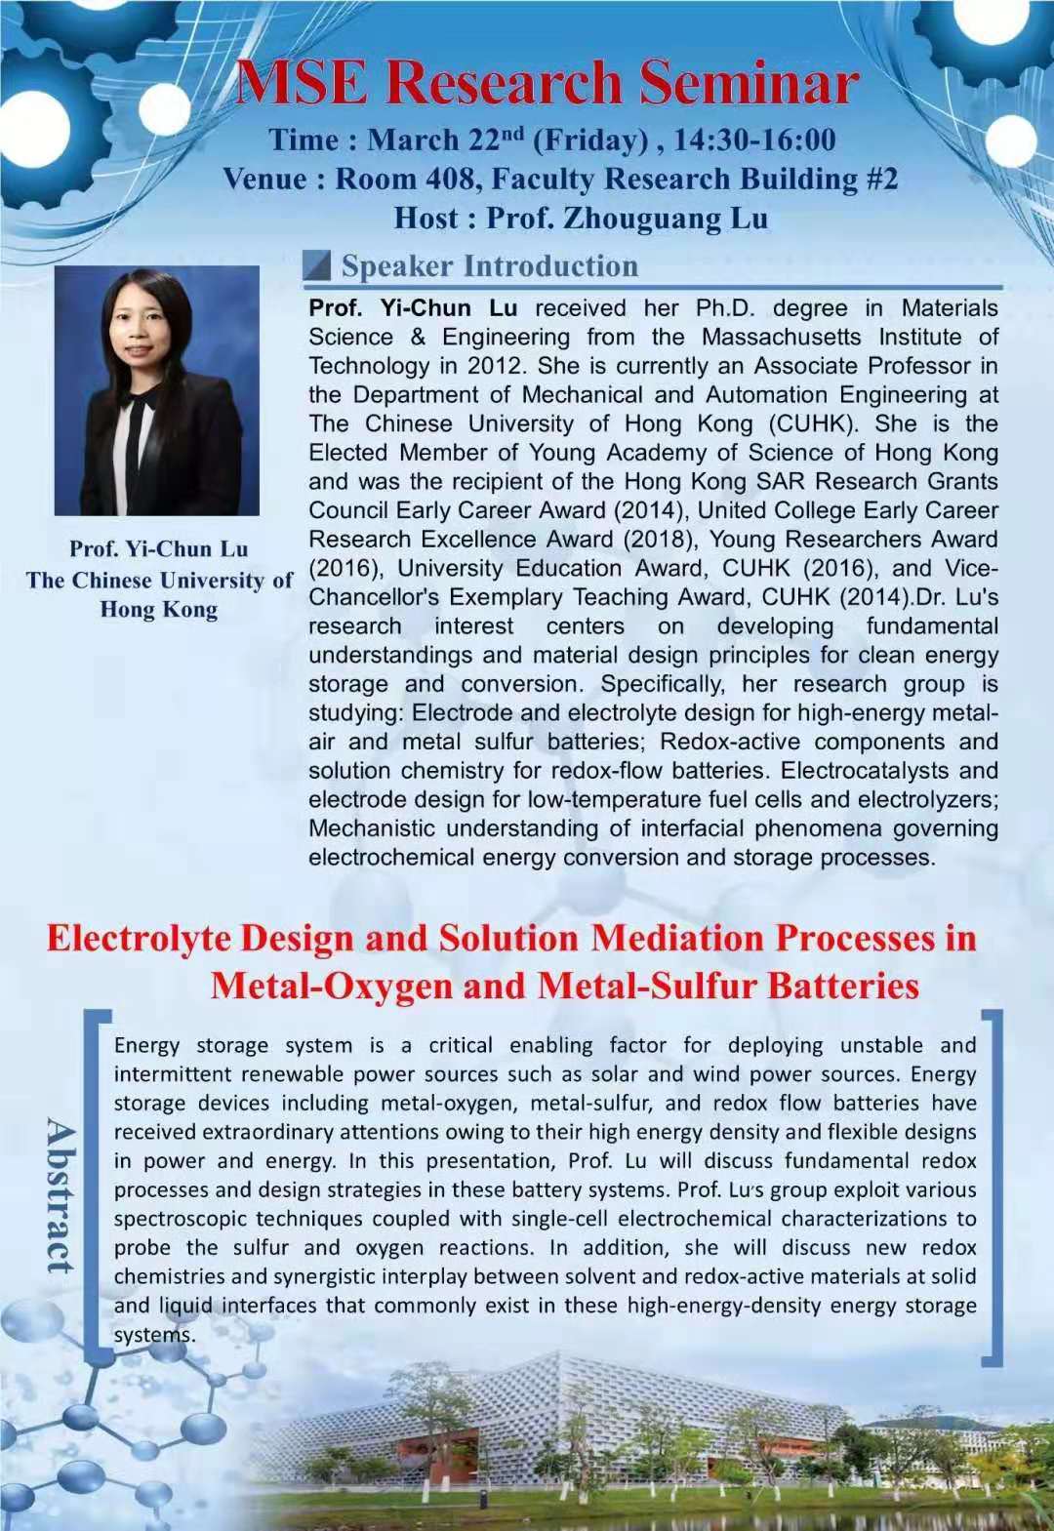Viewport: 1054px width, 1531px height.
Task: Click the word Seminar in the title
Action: coord(749,83)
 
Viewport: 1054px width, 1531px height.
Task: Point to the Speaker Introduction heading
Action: coord(489,265)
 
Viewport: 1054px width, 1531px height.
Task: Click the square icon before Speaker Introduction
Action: coord(316,265)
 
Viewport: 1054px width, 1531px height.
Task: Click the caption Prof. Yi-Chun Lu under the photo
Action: coord(158,548)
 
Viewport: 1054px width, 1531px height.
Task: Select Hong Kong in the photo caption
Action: coord(158,610)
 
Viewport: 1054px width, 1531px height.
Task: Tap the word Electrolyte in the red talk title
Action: coord(139,938)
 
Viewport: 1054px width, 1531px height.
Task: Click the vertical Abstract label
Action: coord(61,1195)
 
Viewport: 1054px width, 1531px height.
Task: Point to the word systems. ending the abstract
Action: coord(154,1335)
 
